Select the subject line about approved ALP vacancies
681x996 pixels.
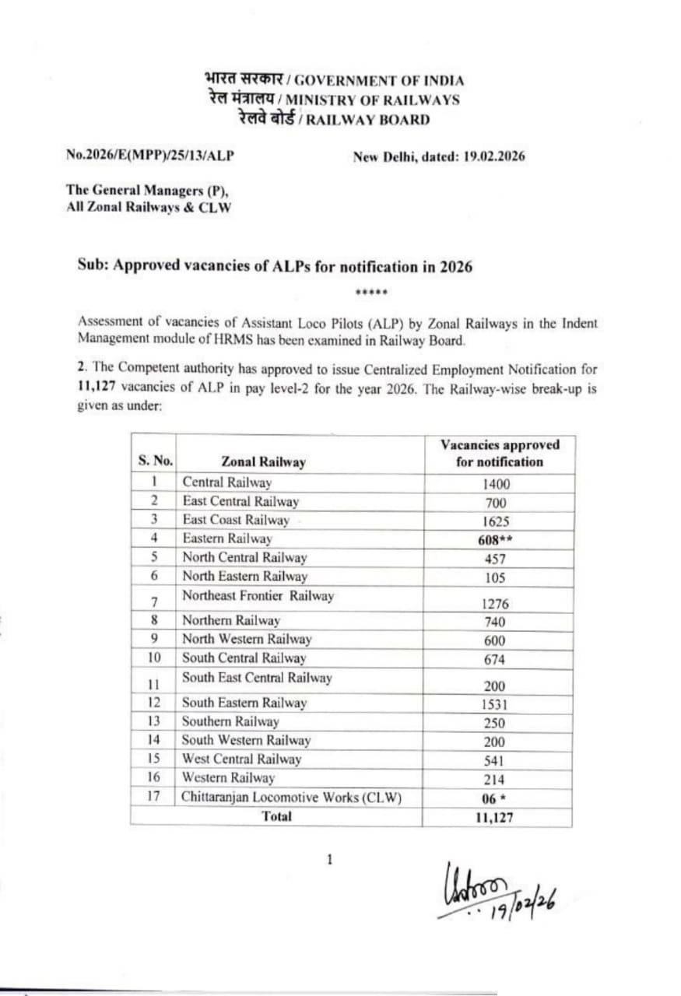tap(275, 266)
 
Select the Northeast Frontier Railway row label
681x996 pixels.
tap(258, 596)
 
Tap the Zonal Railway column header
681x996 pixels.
tap(263, 461)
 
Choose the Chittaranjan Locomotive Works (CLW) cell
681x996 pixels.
tap(292, 797)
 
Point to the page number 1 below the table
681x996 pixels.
tap(330, 860)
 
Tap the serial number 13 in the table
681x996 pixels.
tap(154, 721)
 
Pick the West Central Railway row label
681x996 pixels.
tap(241, 759)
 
